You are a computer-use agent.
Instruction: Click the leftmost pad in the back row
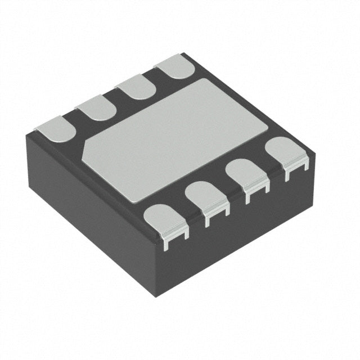(56, 128)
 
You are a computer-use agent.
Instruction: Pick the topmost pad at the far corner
(175, 67)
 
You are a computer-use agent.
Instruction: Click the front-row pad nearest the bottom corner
(164, 220)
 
